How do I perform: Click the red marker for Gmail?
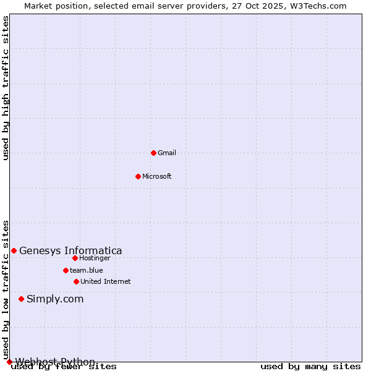[x=153, y=153]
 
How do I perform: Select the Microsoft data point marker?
[x=138, y=176]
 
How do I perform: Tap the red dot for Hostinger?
[x=75, y=258]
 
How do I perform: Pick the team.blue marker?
[x=66, y=270]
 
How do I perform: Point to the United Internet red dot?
[x=76, y=281]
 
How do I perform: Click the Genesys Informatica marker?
[x=14, y=250]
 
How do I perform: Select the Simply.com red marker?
[x=21, y=299]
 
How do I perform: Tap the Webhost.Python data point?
[x=9, y=362]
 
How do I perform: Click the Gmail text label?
[x=167, y=153]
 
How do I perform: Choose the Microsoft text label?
[x=157, y=176]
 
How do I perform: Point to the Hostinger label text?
[x=95, y=258]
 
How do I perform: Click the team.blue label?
[x=87, y=270]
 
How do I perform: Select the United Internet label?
[x=106, y=281]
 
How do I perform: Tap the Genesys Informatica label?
[x=70, y=250]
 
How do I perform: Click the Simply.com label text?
[x=55, y=299]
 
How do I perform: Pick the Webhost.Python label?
[x=55, y=362]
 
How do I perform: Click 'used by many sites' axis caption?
[x=310, y=367]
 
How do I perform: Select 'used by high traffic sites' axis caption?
[x=6, y=88]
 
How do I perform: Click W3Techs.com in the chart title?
[x=317, y=6]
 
